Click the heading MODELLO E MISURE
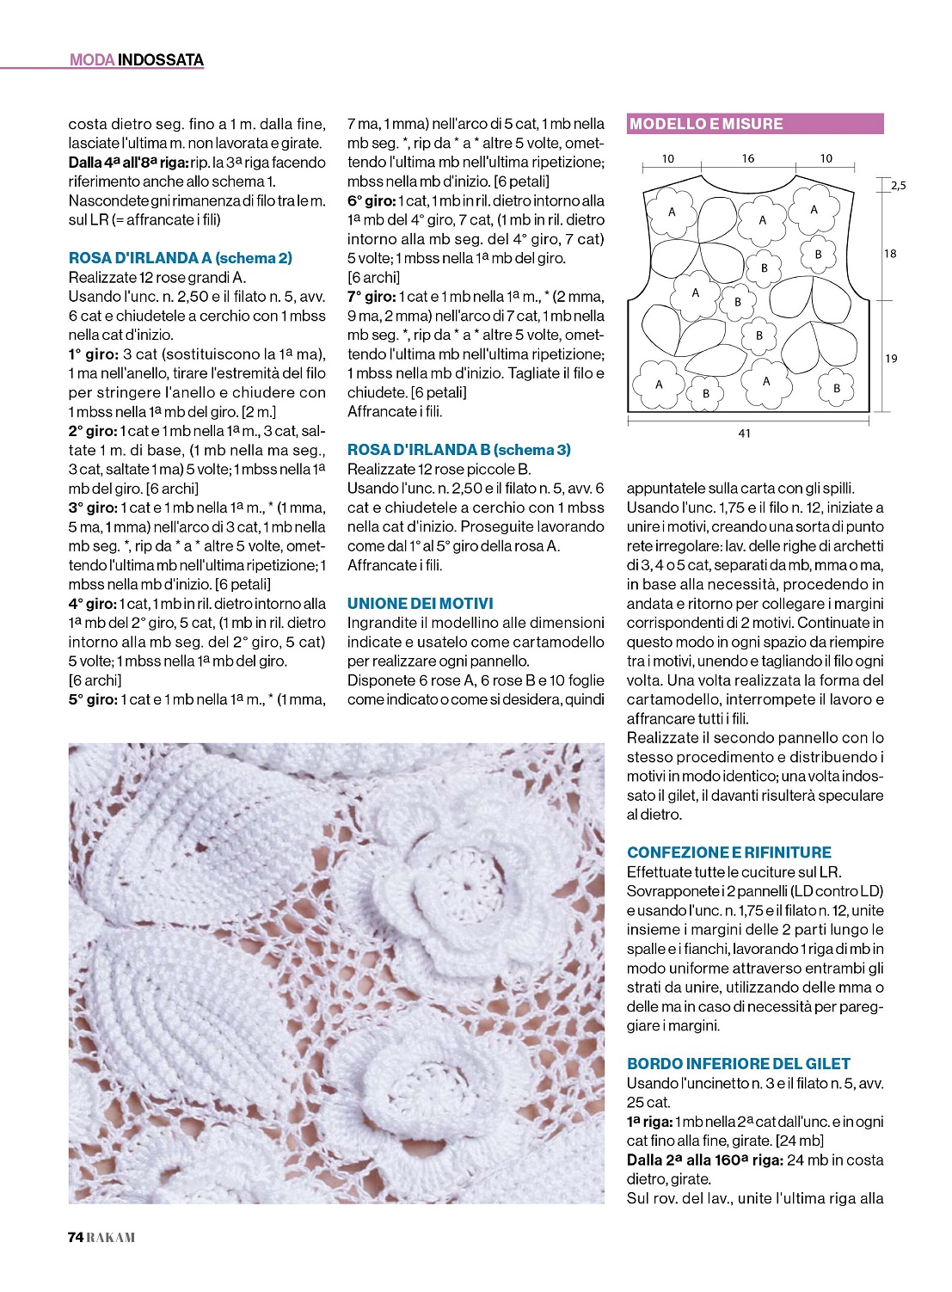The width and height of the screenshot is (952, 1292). coord(706,124)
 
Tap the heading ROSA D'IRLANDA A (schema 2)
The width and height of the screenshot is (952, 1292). coord(180,258)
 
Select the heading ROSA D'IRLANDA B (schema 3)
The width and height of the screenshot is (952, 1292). coord(458,450)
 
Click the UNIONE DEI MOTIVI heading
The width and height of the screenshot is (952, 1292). coord(420,604)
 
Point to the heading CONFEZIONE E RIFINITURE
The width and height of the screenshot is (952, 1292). coord(729,852)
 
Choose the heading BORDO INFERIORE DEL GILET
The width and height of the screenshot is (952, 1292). coord(738,1064)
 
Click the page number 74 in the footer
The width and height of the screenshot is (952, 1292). coord(75,1238)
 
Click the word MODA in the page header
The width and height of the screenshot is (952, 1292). coord(91,60)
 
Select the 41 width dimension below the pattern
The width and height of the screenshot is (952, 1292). coord(744,434)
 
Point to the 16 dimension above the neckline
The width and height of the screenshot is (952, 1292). coord(747,158)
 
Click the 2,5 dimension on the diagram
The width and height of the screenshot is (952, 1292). coord(898,185)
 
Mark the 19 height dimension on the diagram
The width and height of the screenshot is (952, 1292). coord(891,358)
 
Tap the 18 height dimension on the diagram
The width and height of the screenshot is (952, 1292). coord(890,253)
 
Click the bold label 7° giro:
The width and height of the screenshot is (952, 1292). coord(371,297)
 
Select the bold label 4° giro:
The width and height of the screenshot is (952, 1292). coord(92,604)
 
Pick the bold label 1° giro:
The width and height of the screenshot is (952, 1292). coord(92,354)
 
